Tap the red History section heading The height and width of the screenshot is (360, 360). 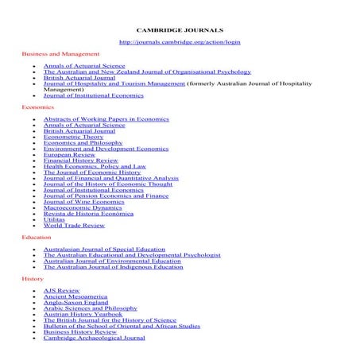[32, 279]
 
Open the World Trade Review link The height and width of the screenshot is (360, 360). [73, 225]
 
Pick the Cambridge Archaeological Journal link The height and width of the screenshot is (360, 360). [94, 337]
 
